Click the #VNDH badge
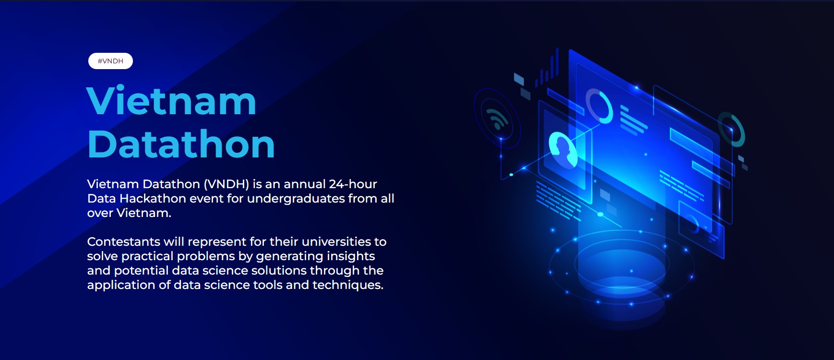click(110, 61)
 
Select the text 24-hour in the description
click(353, 184)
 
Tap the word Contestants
click(124, 241)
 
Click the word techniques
click(348, 285)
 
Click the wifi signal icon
click(497, 119)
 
